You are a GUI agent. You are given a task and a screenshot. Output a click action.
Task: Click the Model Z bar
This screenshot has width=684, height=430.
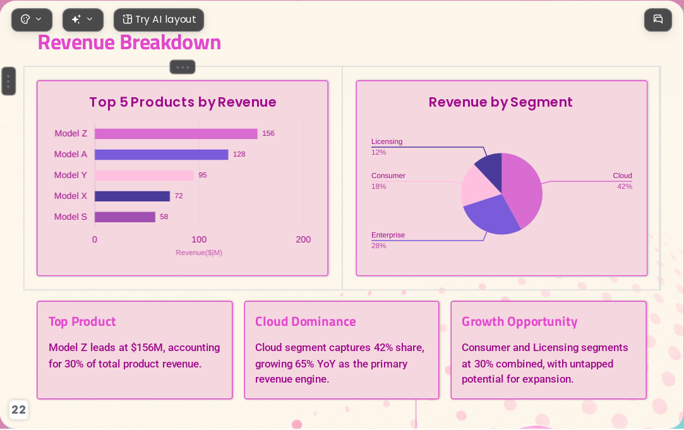(x=176, y=133)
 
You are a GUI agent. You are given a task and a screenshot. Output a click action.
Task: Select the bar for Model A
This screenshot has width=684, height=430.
(x=162, y=154)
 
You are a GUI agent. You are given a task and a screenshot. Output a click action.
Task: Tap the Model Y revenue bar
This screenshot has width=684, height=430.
(x=144, y=176)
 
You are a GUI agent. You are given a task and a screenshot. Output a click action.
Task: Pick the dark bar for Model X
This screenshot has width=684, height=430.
(x=132, y=196)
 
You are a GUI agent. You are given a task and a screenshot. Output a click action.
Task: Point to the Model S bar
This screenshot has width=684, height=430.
(x=125, y=217)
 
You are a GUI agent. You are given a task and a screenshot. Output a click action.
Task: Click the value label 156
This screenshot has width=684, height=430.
(x=268, y=133)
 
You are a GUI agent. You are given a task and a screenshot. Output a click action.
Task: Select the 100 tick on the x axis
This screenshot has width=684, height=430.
(x=199, y=239)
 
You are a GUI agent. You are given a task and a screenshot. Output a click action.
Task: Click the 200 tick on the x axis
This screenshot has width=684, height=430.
(x=303, y=239)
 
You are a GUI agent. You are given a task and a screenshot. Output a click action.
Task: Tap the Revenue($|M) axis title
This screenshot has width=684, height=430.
(x=199, y=253)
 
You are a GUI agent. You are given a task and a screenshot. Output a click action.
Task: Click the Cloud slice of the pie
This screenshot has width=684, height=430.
(x=524, y=188)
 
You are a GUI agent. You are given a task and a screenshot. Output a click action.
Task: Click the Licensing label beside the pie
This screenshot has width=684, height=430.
(x=387, y=141)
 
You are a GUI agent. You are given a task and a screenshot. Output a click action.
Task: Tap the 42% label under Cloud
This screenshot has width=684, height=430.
(x=625, y=187)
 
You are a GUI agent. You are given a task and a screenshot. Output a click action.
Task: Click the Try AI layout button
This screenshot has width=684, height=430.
(x=159, y=20)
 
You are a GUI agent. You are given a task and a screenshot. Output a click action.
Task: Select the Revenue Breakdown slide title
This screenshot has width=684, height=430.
(x=129, y=43)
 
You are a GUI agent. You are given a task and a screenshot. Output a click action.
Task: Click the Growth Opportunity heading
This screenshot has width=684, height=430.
(x=520, y=322)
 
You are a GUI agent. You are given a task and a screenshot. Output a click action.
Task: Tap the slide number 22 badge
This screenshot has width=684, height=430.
(x=18, y=410)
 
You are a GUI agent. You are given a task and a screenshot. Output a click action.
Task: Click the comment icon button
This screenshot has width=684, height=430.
(x=658, y=20)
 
